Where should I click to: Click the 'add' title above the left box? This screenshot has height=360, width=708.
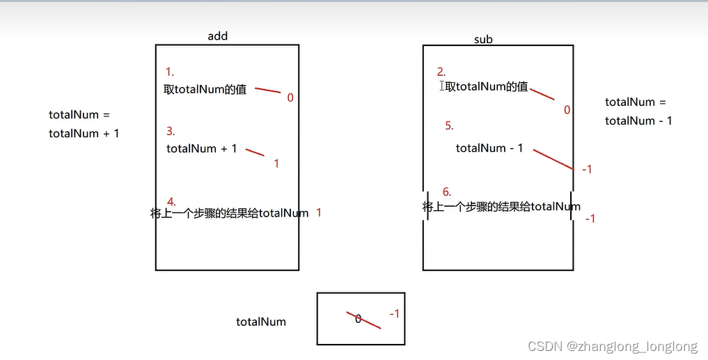pyautogui.click(x=217, y=36)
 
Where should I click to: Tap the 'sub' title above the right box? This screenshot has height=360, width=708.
pyautogui.click(x=483, y=40)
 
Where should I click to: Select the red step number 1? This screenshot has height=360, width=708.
pyautogui.click(x=169, y=72)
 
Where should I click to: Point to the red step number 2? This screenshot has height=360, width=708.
pyautogui.click(x=441, y=72)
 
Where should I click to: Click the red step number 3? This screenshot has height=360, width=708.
pyautogui.click(x=171, y=131)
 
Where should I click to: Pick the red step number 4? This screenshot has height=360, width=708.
pyautogui.click(x=171, y=202)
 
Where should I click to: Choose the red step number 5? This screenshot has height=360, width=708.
pyautogui.click(x=449, y=126)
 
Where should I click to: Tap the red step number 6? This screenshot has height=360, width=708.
pyautogui.click(x=446, y=192)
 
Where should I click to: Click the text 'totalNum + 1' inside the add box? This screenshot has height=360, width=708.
pyautogui.click(x=202, y=148)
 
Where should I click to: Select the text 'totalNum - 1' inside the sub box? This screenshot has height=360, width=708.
pyautogui.click(x=489, y=148)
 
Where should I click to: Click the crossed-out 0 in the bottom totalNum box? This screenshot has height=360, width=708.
pyautogui.click(x=358, y=319)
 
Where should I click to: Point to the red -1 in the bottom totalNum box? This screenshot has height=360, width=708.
pyautogui.click(x=394, y=314)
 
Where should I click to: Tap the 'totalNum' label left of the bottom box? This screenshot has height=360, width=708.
pyautogui.click(x=261, y=322)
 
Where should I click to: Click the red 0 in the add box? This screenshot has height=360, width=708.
pyautogui.click(x=290, y=98)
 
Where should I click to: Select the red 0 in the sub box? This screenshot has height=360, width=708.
pyautogui.click(x=567, y=110)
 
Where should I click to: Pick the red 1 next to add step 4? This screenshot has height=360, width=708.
pyautogui.click(x=319, y=212)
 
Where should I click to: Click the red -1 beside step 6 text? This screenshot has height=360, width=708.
pyautogui.click(x=590, y=219)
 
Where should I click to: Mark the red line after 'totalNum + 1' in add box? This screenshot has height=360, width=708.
pyautogui.click(x=255, y=152)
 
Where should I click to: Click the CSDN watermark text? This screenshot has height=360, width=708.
pyautogui.click(x=612, y=346)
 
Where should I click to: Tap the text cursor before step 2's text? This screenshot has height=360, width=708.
pyautogui.click(x=441, y=86)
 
